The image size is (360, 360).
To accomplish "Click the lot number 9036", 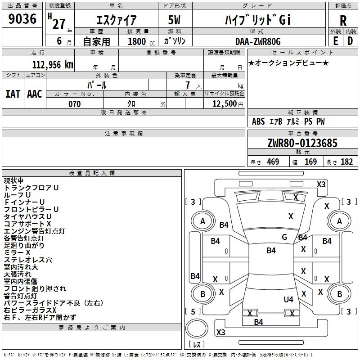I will [22, 20].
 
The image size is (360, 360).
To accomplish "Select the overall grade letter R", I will [343, 21].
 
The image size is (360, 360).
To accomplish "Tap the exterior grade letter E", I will [335, 41].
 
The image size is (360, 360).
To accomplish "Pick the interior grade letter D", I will [350, 41].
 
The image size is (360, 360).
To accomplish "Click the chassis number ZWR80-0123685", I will [302, 144].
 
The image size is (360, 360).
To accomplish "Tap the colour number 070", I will [75, 104].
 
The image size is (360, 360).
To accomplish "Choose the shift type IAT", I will [13, 94].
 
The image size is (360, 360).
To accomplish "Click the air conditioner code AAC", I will [35, 94].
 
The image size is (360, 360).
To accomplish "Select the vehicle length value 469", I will [273, 162].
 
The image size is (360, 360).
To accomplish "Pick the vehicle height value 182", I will [346, 162].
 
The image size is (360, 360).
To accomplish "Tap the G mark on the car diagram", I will [284, 237].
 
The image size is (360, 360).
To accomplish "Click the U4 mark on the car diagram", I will [288, 299].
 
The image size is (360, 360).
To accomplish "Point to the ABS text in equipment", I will [258, 121].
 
